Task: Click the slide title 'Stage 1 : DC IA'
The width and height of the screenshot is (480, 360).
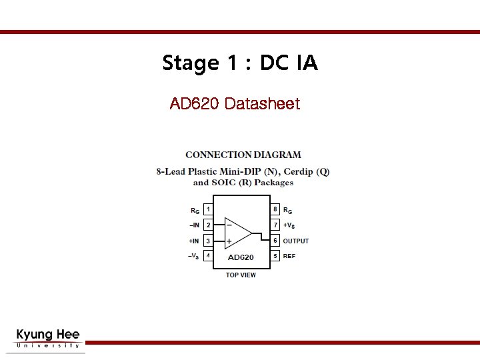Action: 240,63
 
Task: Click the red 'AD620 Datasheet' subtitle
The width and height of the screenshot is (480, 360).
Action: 235,104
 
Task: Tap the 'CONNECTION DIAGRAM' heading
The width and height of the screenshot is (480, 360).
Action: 243,155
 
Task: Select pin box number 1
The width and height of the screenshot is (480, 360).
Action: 208,209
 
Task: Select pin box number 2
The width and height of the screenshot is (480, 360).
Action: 208,225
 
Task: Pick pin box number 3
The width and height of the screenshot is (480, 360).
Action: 208,241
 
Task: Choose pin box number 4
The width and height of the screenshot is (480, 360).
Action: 208,256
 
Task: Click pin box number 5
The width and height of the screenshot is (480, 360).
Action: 275,256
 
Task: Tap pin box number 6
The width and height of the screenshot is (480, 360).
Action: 275,241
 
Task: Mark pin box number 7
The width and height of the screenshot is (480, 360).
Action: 275,225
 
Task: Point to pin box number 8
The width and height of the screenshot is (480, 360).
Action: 275,209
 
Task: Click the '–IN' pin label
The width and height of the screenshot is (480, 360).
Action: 194,225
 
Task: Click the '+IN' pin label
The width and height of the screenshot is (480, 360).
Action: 194,241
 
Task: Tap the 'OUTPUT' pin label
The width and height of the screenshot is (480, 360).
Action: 296,241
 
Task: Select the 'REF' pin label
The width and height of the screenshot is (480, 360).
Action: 289,256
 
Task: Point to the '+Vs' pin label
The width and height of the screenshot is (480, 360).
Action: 289,225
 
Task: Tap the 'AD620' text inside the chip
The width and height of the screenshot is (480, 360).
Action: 241,257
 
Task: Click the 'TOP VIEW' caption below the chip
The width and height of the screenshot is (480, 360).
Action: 241,275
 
